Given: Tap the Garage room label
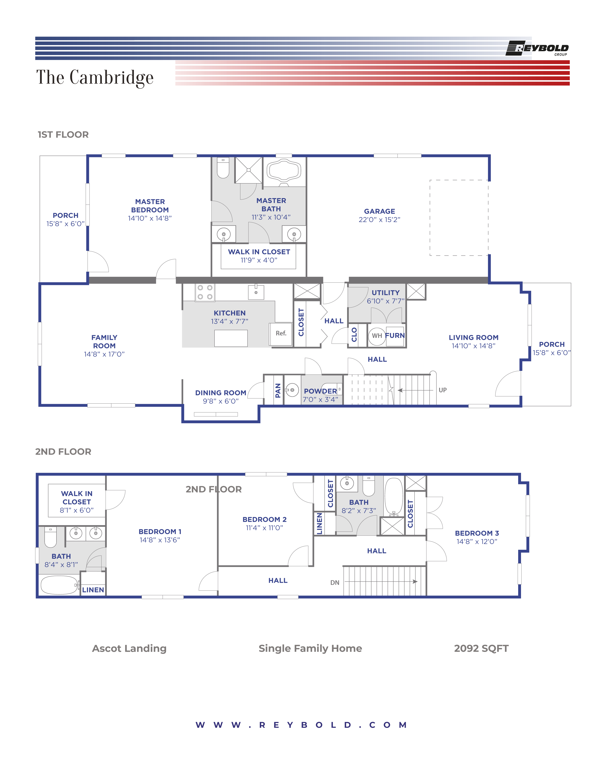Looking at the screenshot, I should point(379,211).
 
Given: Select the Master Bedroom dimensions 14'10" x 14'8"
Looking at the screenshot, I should point(150,218).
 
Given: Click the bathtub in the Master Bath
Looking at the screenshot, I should point(284,170).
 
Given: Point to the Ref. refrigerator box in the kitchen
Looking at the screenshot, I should point(281,333).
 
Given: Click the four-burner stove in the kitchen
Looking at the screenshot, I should point(205,292).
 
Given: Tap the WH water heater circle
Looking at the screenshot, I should point(377,336).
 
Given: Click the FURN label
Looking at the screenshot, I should point(395,336).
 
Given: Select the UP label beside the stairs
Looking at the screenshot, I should point(443,390).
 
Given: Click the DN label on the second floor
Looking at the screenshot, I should point(335,583).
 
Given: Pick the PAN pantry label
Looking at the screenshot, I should point(278,391).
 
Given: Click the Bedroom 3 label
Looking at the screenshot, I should point(477,533).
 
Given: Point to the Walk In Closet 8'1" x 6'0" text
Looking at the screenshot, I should point(77,502).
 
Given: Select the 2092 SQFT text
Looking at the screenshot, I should point(481,648).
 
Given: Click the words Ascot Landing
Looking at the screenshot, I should point(129,648).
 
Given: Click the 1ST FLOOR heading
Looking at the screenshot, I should point(63,135).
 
